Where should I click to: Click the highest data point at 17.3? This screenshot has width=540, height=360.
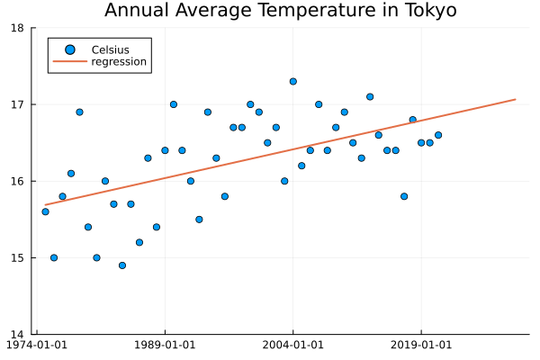click(x=292, y=81)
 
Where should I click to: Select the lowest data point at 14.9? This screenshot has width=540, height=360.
click(x=122, y=265)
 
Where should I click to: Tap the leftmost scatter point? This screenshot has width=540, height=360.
click(x=45, y=211)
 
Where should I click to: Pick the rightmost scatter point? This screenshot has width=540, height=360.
click(x=438, y=135)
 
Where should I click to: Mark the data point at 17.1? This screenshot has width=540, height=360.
click(x=370, y=96)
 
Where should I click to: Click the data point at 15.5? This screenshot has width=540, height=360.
click(x=199, y=220)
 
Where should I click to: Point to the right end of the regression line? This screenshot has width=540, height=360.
click(x=515, y=99)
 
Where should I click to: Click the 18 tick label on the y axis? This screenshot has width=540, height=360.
click(x=18, y=28)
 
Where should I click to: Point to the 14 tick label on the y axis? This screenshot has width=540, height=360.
click(x=18, y=335)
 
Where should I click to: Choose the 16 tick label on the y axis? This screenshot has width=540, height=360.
click(x=18, y=181)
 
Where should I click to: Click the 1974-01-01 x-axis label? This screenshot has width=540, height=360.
click(x=38, y=345)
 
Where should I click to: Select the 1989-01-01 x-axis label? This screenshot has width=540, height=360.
click(x=165, y=345)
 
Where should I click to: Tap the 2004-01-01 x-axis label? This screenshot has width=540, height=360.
click(x=292, y=345)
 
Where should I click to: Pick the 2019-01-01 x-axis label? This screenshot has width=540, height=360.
click(x=420, y=345)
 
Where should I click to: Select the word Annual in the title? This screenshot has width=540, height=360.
click(x=135, y=11)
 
